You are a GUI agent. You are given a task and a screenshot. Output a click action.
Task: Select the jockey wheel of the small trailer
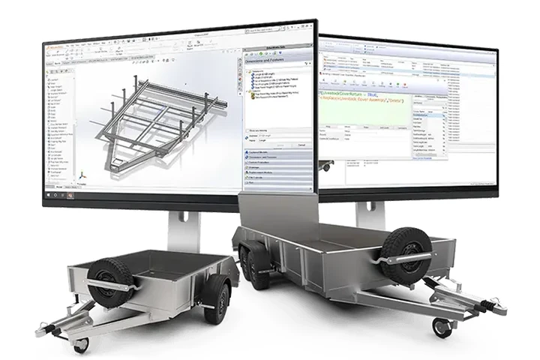coord(81,344)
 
